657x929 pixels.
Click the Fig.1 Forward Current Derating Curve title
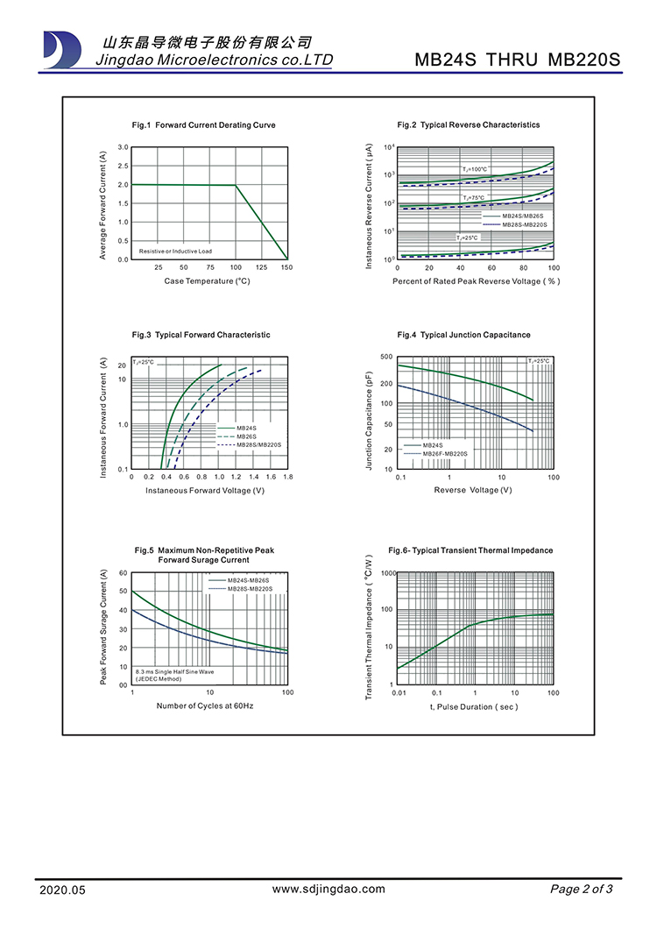203,125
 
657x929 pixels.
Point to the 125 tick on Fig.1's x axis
261,266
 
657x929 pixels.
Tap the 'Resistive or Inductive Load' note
175,252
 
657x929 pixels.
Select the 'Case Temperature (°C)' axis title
208,281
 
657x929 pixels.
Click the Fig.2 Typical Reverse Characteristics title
468,125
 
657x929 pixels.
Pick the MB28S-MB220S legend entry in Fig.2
523,225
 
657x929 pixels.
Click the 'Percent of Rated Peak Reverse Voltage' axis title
476,281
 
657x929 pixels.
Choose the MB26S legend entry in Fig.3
245,436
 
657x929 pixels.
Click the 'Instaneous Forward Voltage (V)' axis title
205,491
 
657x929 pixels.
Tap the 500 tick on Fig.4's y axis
386,358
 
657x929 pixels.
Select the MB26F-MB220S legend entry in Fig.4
445,454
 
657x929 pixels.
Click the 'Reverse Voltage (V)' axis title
473,490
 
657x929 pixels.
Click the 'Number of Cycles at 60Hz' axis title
205,706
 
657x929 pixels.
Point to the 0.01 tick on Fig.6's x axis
399,693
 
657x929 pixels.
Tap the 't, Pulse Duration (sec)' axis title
474,706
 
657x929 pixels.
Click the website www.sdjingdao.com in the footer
328,889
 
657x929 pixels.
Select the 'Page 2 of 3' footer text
582,890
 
